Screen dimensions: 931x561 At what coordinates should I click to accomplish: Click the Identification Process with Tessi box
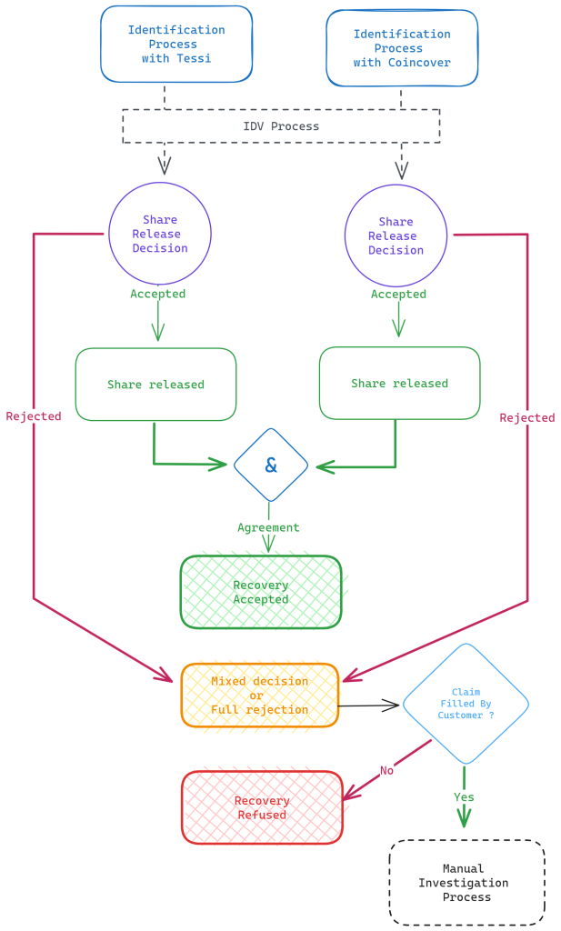[x=176, y=45]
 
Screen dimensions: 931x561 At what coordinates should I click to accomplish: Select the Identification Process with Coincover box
[x=402, y=48]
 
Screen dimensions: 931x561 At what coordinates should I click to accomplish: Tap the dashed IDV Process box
[x=281, y=126]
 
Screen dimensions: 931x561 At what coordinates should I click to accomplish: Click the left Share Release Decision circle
[x=160, y=234]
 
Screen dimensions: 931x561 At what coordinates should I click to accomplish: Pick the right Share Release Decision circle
[x=396, y=235]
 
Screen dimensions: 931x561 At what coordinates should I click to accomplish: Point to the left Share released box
[x=155, y=385]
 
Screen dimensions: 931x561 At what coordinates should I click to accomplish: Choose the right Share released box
[x=399, y=384]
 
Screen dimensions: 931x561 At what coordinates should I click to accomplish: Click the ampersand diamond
[x=271, y=465]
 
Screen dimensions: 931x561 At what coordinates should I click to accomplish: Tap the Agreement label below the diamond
[x=268, y=527]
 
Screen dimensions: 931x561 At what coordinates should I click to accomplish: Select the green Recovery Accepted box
[x=261, y=592]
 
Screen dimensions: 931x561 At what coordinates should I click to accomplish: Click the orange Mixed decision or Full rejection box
[x=260, y=696]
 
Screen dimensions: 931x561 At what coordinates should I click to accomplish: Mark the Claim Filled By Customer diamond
[x=466, y=704]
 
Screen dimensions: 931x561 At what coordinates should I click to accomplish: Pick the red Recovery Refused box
[x=262, y=807]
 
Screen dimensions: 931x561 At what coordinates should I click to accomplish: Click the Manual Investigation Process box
[x=466, y=883]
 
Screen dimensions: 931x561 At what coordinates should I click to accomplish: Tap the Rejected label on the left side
[x=34, y=416]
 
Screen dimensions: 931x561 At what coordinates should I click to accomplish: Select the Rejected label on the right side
[x=527, y=418]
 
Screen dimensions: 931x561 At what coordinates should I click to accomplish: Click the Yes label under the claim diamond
[x=464, y=797]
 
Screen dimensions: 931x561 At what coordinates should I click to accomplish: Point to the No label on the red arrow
[x=386, y=770]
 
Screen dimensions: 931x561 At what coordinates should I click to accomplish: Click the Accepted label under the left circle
[x=157, y=294]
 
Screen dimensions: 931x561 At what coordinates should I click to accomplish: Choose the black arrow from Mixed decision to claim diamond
[x=368, y=705]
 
